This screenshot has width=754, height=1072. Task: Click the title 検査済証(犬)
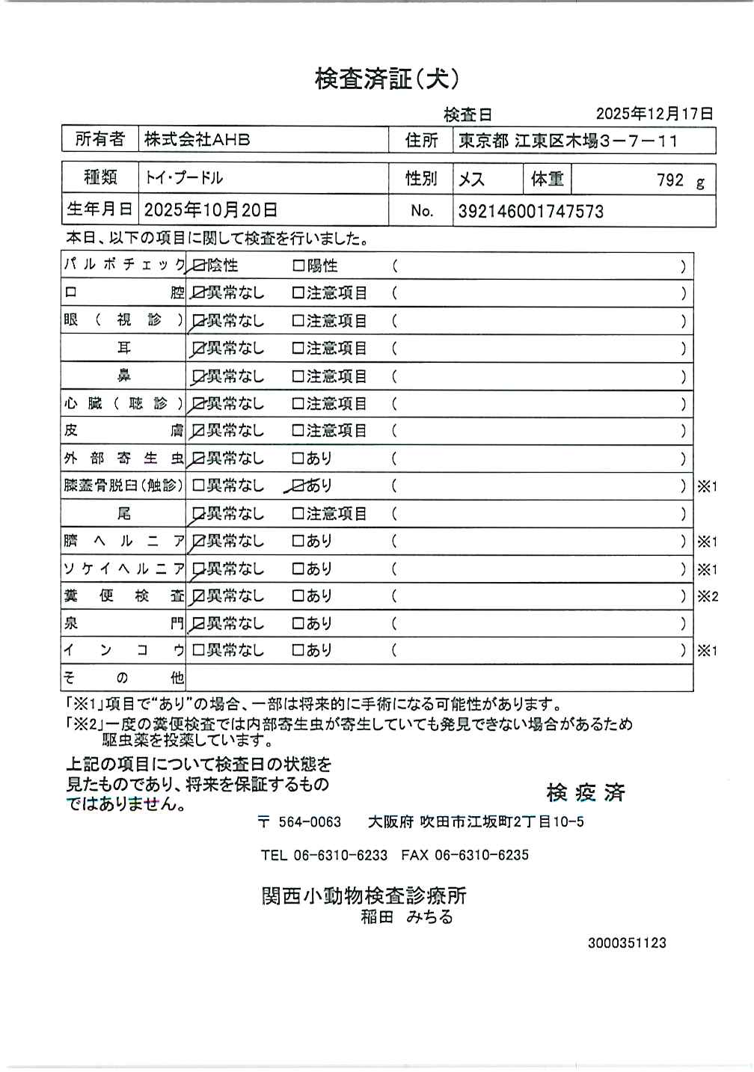387,79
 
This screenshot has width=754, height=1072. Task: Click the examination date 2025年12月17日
654,114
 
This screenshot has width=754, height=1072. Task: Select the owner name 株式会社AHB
197,140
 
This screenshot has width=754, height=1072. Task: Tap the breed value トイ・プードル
184,178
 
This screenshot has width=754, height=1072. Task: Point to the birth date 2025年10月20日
210,210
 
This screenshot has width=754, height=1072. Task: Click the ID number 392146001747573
530,211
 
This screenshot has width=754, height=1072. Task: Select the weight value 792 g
679,180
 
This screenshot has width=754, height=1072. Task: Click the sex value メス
471,180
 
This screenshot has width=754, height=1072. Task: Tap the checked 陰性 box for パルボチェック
198,266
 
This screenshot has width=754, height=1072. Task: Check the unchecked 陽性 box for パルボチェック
298,266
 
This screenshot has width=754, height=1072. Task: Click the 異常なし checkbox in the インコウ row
198,650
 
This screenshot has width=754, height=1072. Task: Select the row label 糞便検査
123,596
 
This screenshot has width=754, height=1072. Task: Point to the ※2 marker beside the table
707,596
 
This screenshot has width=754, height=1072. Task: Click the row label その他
123,678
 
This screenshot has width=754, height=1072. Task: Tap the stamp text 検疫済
585,793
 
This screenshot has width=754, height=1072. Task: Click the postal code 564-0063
309,821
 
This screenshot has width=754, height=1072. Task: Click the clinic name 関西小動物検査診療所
364,895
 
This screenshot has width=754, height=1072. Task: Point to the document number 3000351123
626,943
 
